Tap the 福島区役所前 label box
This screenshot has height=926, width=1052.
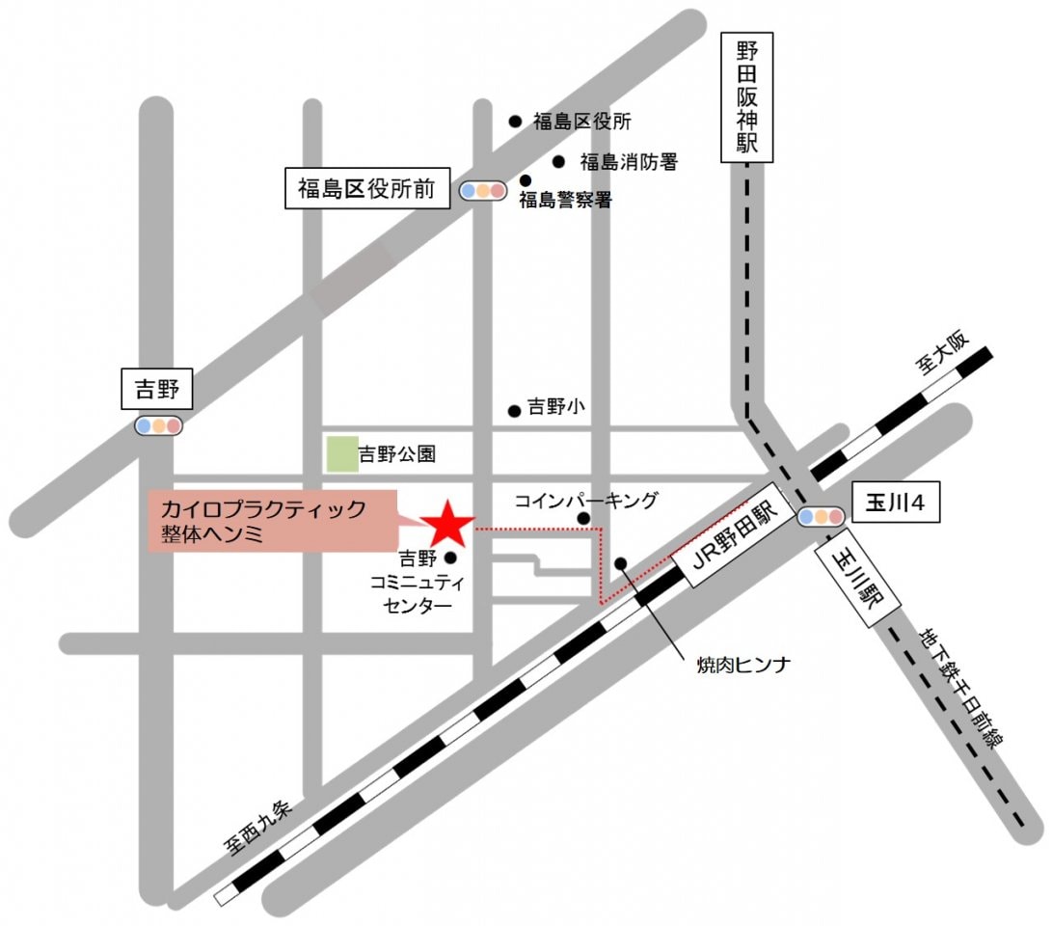coord(366,189)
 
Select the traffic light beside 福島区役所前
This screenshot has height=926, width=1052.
coord(482,191)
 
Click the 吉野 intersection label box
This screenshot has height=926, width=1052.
coord(157,391)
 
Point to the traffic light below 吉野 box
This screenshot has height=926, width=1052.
coord(158,425)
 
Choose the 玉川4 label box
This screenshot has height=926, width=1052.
coord(896,504)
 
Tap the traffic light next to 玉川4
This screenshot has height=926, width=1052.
coord(821,517)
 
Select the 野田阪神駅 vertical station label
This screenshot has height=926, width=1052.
coord(747,96)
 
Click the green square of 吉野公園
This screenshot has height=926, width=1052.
coord(340,453)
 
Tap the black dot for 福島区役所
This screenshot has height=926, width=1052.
coord(515,122)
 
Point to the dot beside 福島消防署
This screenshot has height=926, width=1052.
coord(557,161)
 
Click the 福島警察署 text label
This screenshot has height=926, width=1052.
coord(566,201)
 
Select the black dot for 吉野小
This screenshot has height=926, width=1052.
coord(514,410)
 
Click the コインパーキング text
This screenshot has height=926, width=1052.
coord(585,500)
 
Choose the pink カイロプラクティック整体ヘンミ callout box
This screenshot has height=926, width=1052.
coord(273,521)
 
